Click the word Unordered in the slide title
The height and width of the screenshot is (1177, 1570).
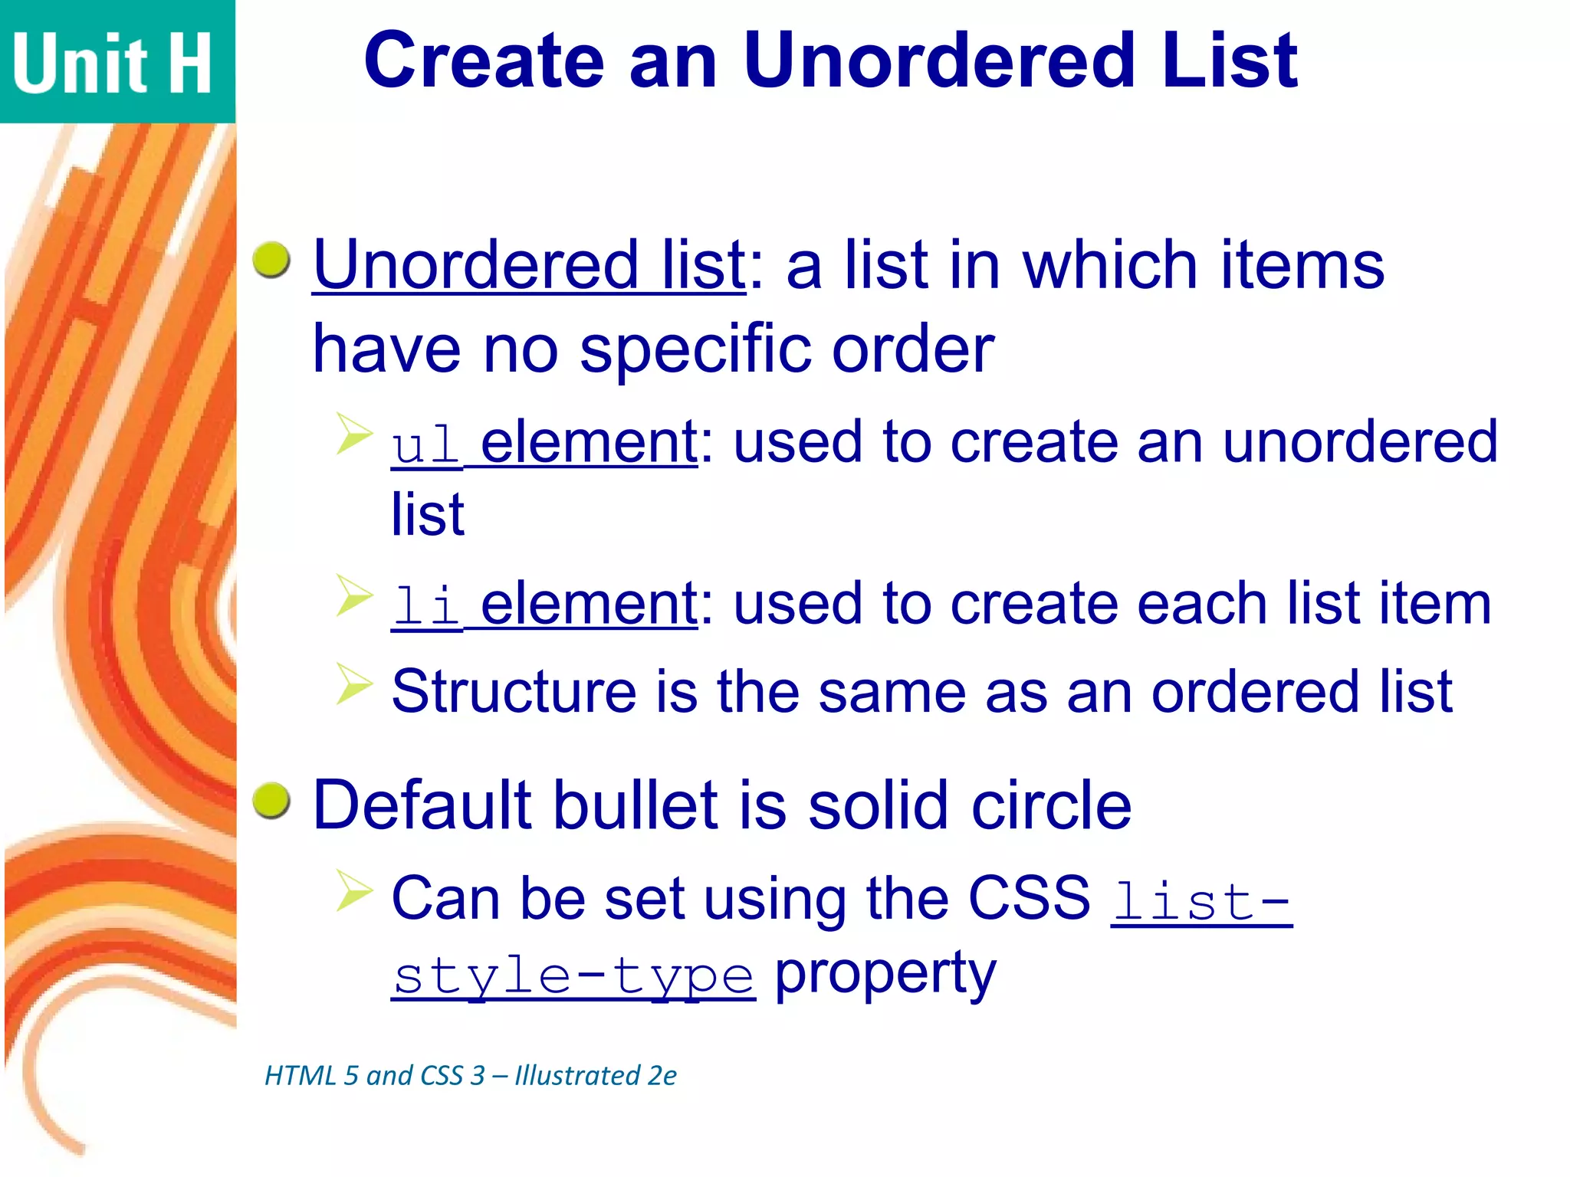[939, 61]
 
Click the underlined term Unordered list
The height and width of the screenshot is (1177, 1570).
[529, 265]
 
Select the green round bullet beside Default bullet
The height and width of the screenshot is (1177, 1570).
[271, 801]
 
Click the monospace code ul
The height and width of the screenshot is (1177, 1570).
[425, 444]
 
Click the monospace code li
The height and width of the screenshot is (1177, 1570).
[425, 605]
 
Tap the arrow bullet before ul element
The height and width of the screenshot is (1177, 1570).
[354, 433]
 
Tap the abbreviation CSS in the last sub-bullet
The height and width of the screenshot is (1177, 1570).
[1029, 898]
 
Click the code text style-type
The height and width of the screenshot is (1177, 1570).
[573, 976]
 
